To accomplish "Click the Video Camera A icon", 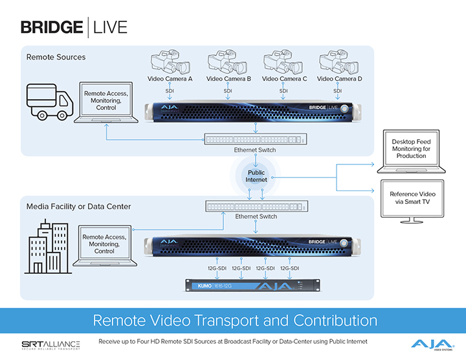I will pos(170,63).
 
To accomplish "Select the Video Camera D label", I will pos(340,79).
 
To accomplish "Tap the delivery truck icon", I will pos(50,102).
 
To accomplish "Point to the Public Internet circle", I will pos(256,175).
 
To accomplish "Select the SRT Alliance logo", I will pos(50,344).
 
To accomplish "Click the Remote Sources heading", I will pos(56,57).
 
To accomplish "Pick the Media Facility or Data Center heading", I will pos(78,207).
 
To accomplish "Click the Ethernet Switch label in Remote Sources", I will pos(255,150).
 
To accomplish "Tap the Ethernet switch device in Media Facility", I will pos(256,207).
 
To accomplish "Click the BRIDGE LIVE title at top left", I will pos(74,27).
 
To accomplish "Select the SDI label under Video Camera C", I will pos(283,91).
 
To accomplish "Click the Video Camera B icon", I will pos(227,63).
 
